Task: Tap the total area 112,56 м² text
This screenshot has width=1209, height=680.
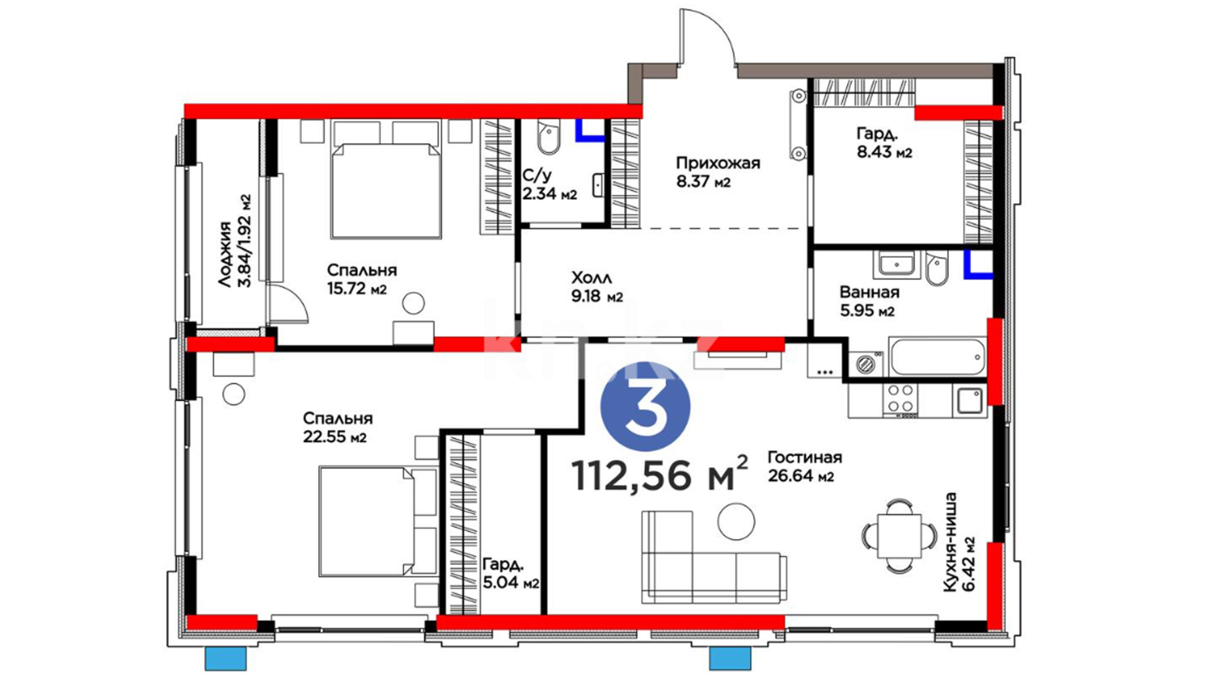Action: [660, 473]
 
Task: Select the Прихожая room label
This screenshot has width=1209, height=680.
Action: [718, 163]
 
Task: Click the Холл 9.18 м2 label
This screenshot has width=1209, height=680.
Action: [597, 287]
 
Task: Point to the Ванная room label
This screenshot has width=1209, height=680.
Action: [869, 292]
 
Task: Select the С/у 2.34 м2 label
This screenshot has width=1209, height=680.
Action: [550, 184]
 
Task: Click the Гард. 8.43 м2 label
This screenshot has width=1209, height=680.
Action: [884, 143]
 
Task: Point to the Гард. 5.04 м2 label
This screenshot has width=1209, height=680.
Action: [511, 573]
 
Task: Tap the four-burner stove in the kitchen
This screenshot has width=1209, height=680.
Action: [900, 400]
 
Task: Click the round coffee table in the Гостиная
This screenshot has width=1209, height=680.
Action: [736, 521]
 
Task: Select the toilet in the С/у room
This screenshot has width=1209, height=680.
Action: [549, 139]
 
